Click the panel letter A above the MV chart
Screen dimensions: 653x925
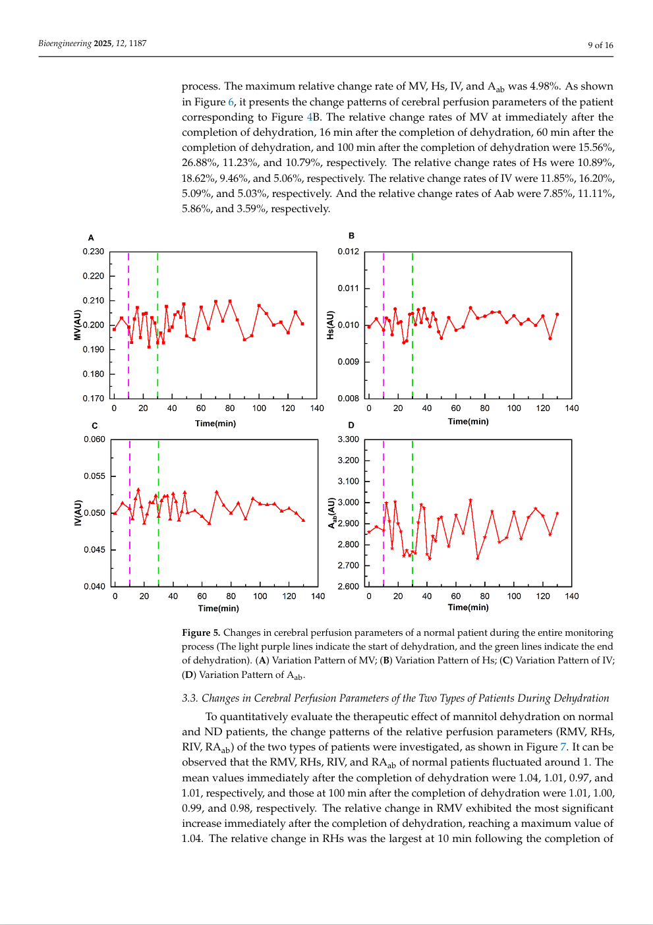point(91,237)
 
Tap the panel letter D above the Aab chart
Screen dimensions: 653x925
point(351,425)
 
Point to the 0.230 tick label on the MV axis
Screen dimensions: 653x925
point(94,252)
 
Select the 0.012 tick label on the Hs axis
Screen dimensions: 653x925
point(348,252)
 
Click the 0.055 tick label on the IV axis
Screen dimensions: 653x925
point(95,476)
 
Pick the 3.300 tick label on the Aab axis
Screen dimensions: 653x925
point(348,439)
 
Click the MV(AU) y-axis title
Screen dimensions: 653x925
point(77,325)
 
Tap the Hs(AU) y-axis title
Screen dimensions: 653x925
point(330,325)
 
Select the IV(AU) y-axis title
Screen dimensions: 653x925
point(78,513)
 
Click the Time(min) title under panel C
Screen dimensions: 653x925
point(219,608)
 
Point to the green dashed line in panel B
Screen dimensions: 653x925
point(412,325)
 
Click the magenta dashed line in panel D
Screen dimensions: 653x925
point(383,513)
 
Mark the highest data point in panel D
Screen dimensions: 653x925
point(470,500)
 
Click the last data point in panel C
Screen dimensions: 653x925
point(304,520)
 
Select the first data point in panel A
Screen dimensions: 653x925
point(115,329)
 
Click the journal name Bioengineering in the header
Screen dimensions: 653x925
point(65,43)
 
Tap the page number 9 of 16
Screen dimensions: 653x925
point(600,45)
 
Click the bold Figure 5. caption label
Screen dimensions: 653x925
point(201,632)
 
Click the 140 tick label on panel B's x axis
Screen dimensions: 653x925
point(572,408)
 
